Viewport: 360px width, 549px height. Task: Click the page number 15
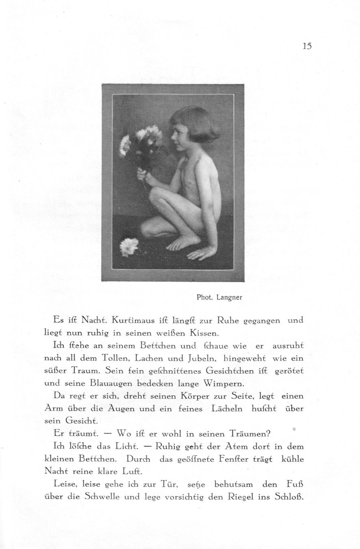tap(307, 46)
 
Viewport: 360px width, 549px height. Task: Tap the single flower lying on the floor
tap(129, 246)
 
